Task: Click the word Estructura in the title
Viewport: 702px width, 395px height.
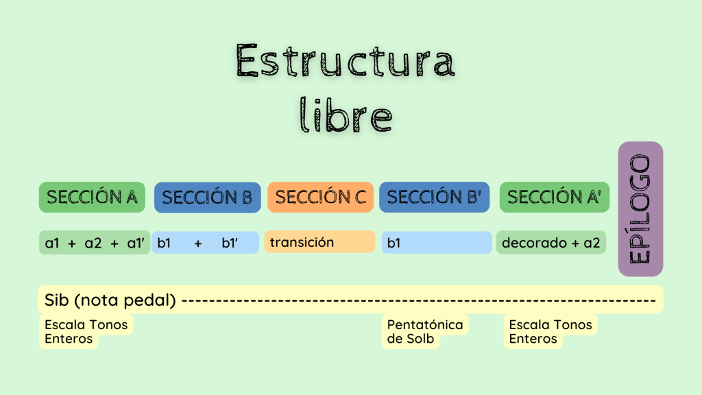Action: point(346,60)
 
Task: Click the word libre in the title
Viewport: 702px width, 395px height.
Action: point(346,115)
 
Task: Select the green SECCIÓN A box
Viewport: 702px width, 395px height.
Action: point(93,197)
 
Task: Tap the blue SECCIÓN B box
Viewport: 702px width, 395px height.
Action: point(208,197)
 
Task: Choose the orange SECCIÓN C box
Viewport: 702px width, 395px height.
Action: point(321,197)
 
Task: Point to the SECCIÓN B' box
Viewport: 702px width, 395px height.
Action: point(434,197)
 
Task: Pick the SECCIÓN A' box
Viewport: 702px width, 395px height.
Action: point(554,197)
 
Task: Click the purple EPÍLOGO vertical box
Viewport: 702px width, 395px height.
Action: point(641,209)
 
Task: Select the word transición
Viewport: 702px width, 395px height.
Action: point(302,242)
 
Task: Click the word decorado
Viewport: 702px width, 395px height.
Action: point(534,243)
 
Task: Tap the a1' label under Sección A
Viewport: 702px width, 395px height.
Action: point(136,243)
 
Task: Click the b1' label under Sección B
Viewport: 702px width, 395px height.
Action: point(230,243)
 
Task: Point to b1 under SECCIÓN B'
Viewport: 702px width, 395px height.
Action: point(394,243)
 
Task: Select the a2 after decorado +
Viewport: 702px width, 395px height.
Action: point(592,243)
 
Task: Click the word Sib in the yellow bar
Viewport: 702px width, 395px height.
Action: point(56,300)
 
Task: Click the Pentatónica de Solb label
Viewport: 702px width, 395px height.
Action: point(425,331)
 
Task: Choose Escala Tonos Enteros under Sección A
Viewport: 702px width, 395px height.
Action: point(86,331)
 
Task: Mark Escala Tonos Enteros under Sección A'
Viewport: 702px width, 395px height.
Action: point(550,331)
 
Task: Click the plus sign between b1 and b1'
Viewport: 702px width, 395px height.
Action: point(198,243)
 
